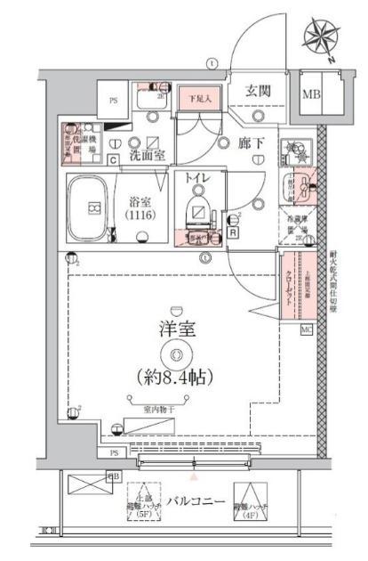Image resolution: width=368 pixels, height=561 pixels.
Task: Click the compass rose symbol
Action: (x=322, y=37)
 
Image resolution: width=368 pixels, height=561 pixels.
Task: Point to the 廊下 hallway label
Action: (x=249, y=142)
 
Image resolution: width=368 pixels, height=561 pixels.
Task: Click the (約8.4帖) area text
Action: (x=176, y=378)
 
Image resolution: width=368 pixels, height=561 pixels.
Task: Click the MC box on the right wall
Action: (x=307, y=331)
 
